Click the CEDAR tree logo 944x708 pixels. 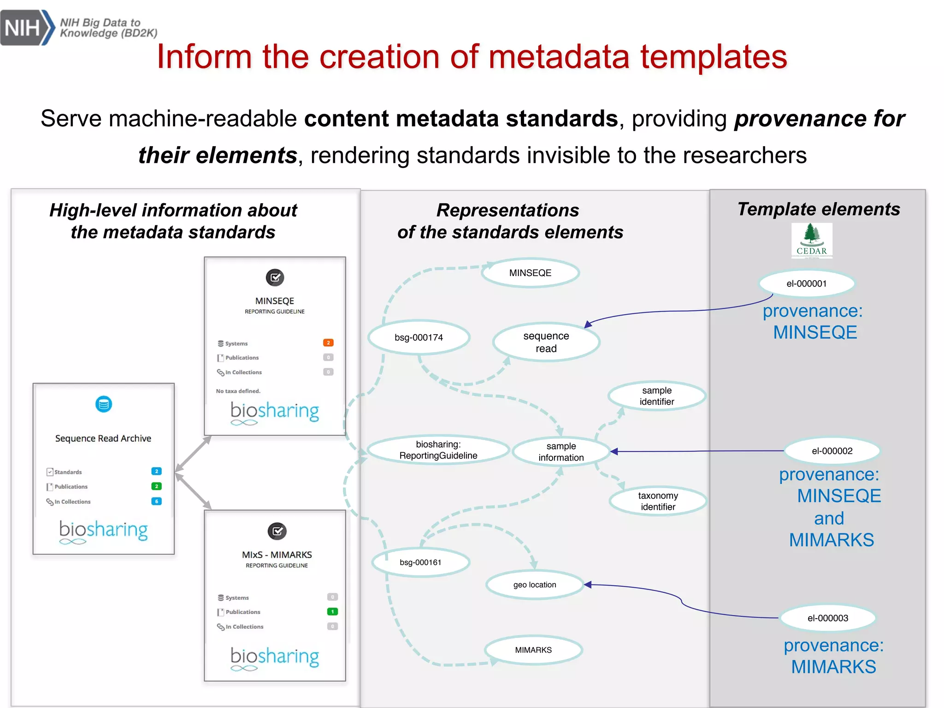812,240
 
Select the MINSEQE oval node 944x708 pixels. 530,273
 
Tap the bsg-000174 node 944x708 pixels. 419,337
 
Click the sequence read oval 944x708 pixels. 546,342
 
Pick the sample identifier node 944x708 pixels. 656,396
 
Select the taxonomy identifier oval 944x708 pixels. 658,501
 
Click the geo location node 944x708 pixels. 535,585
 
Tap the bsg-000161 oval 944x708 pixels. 420,562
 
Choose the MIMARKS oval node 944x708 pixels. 533,650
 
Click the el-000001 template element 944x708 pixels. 806,283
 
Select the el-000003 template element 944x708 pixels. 827,618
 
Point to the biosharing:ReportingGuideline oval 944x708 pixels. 438,450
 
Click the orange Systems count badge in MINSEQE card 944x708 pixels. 328,343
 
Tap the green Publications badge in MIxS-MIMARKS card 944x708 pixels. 332,612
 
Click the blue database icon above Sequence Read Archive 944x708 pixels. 104,404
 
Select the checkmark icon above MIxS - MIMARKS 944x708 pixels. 277,531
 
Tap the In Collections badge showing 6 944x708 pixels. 157,501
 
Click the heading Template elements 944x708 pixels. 818,209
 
